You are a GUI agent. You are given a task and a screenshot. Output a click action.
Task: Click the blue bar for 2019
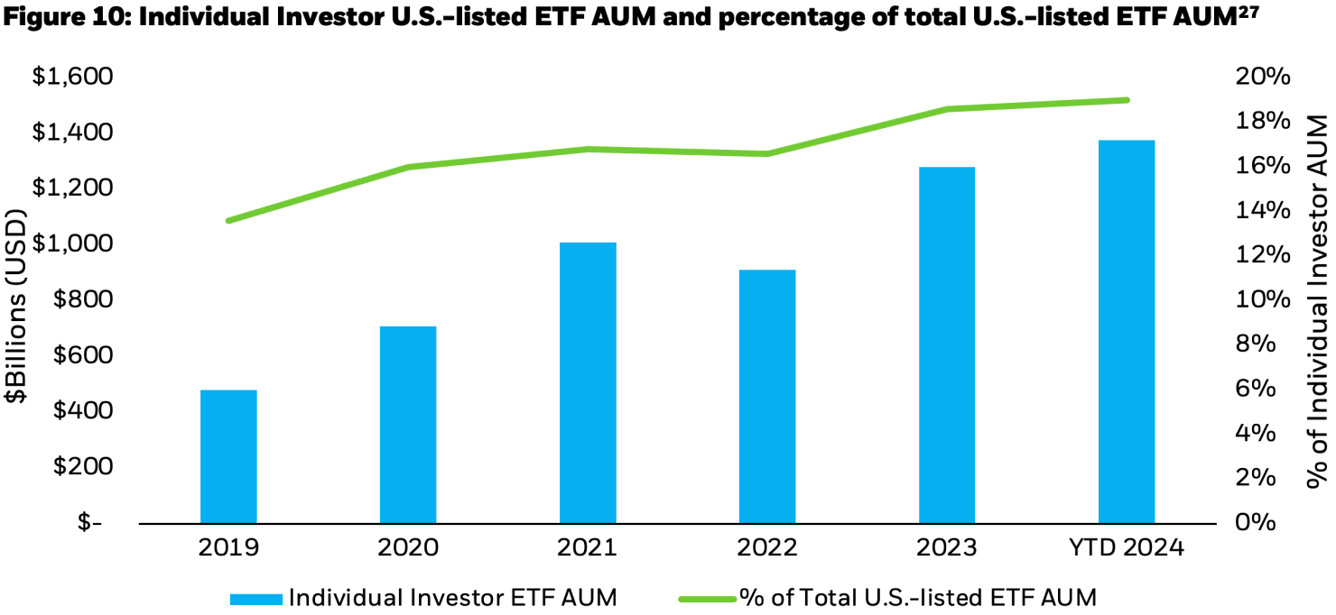coord(228,456)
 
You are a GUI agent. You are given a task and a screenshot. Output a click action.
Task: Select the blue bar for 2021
coord(588,382)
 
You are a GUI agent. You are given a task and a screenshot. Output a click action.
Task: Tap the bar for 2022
coord(767,396)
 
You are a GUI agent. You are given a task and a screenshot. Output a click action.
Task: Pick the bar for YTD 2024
coord(1127,331)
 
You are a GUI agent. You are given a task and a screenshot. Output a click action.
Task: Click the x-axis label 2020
coord(408,548)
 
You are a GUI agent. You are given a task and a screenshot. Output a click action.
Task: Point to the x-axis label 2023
coord(947,548)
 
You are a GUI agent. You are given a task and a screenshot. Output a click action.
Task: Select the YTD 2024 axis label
coord(1126,548)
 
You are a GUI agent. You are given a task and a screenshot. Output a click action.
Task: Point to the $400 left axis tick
coord(80,411)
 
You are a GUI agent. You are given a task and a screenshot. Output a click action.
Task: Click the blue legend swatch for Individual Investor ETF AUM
coord(256,597)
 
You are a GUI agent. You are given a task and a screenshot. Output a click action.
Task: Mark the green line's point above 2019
coord(228,220)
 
